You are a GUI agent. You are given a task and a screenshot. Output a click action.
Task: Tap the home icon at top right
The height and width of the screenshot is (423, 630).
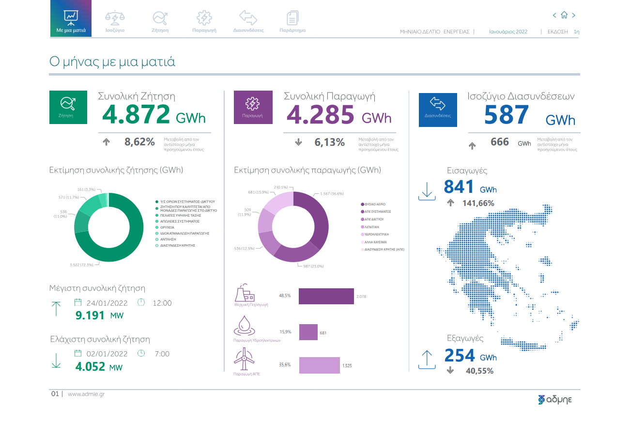coord(564,16)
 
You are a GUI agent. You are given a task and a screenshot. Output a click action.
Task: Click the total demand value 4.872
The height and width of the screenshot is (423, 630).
coord(136,115)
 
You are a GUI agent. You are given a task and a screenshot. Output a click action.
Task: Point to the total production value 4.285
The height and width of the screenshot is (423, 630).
coord(321,115)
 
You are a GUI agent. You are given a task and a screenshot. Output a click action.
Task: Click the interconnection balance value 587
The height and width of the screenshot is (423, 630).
coord(506,115)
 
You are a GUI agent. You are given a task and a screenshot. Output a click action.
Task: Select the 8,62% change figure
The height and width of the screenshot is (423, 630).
coord(139,142)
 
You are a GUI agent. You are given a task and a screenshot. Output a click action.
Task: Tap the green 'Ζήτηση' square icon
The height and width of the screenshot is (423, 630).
coord(68,107)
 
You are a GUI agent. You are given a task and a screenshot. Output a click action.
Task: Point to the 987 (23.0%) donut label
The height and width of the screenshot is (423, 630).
coord(313,266)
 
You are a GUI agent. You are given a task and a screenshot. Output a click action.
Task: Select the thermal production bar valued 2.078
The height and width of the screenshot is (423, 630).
coord(326,296)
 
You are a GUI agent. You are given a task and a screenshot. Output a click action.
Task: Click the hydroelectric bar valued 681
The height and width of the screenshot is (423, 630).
coord(308,332)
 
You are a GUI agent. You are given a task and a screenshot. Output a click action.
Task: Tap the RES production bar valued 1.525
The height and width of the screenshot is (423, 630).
coord(320,365)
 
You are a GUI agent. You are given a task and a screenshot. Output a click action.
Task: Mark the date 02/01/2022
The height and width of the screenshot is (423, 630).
coord(107,354)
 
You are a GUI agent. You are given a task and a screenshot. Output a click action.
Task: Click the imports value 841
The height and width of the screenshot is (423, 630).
coord(458,187)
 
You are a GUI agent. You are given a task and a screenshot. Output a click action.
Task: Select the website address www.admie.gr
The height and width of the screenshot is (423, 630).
coord(86,394)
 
